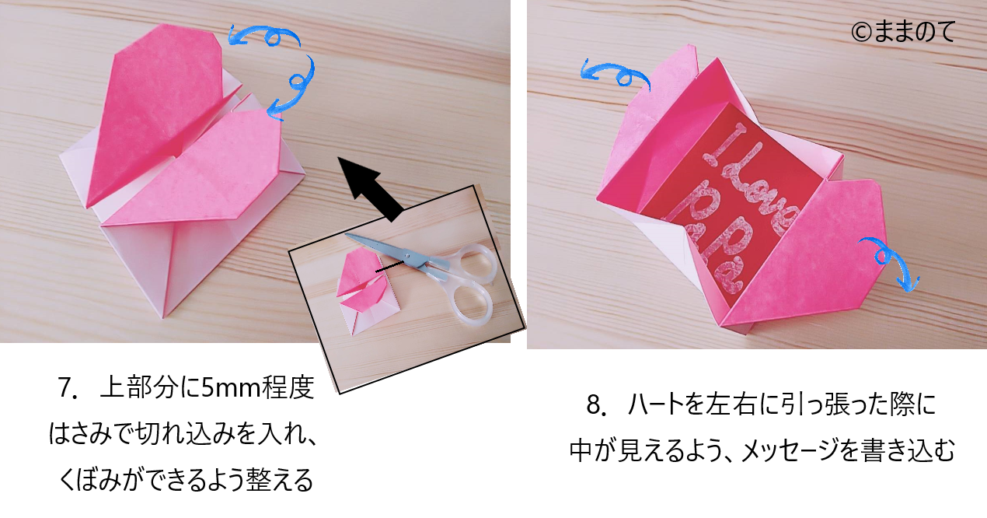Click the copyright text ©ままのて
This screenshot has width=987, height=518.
(903, 32)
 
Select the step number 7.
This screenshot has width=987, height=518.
(67, 388)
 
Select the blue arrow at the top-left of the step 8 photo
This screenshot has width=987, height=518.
(615, 75)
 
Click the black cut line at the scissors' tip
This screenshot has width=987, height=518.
(389, 267)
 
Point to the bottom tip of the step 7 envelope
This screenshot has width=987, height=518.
(163, 318)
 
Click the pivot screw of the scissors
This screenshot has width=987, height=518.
(407, 255)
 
